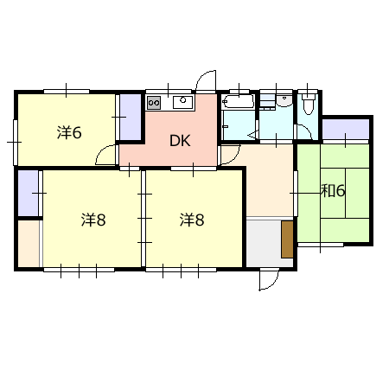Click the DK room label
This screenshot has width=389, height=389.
(180, 141)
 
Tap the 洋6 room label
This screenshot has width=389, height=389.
(69, 132)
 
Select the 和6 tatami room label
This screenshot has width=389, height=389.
(333, 190)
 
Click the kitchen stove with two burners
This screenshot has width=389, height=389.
(154, 103)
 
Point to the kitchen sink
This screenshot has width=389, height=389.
(182, 102)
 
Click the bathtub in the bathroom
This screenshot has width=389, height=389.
(238, 101)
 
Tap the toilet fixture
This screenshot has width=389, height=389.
(308, 105)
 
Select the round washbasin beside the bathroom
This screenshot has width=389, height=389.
(284, 100)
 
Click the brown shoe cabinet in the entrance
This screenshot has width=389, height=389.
(287, 239)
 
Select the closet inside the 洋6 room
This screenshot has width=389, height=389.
(130, 117)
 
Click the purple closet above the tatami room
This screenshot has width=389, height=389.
(346, 130)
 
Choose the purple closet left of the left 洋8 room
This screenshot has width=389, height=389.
(29, 193)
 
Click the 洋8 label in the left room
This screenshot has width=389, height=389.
(93, 220)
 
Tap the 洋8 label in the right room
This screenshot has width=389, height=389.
(192, 220)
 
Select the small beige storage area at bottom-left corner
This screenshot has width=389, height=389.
(29, 244)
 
